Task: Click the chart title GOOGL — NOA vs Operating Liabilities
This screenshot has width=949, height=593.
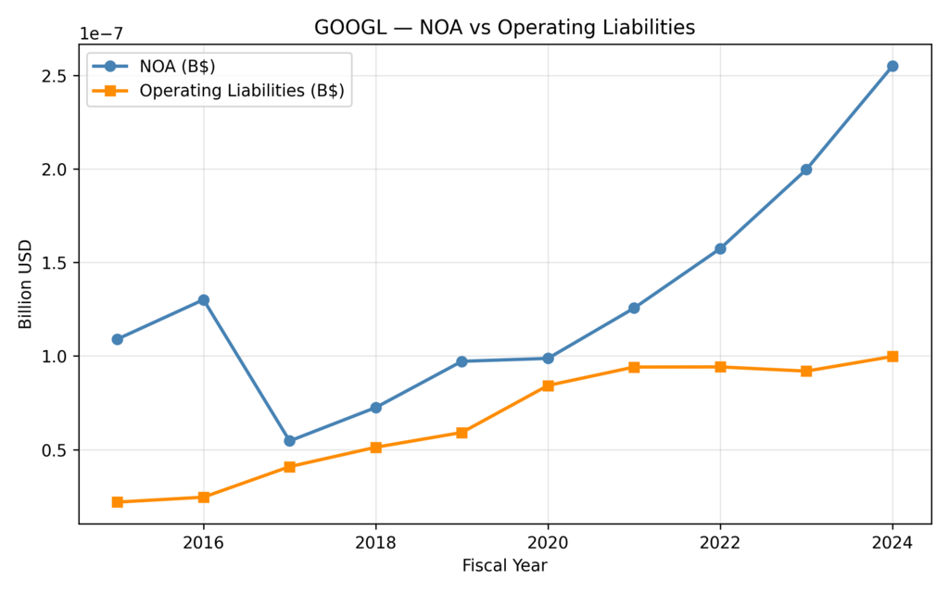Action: tap(504, 28)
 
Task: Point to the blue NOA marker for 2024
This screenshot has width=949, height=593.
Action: tap(892, 66)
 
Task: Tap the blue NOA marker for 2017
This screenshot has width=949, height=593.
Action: tap(289, 441)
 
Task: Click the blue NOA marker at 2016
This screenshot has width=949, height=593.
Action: tap(203, 300)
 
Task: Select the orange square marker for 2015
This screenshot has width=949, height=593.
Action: tap(117, 502)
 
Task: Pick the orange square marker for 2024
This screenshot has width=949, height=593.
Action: tap(892, 357)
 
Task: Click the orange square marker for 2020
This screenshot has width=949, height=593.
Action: tap(548, 385)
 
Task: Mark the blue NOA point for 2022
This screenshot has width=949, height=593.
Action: tap(720, 248)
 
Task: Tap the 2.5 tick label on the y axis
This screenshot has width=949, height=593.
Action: tap(55, 76)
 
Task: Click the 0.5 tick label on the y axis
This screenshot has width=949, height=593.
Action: tap(55, 451)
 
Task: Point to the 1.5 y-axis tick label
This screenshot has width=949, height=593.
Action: tap(55, 263)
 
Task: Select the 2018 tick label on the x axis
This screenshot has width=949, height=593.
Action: tap(375, 542)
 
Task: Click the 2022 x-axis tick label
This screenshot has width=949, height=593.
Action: tap(720, 542)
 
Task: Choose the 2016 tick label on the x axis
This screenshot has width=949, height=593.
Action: tap(203, 542)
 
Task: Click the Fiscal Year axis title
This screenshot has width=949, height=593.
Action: tap(504, 564)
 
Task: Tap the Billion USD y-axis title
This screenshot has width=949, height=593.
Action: tap(25, 284)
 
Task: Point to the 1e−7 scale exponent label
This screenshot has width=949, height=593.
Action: tap(101, 34)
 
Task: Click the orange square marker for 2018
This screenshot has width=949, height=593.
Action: tap(375, 448)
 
